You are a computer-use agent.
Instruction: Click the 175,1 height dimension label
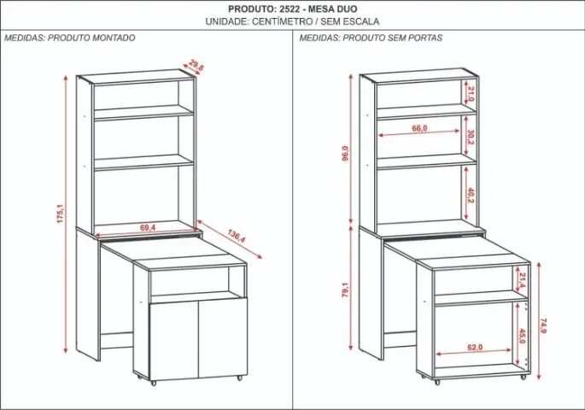click(x=59, y=213)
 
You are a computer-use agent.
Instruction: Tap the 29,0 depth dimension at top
click(x=197, y=66)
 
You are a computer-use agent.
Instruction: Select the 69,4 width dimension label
click(x=148, y=228)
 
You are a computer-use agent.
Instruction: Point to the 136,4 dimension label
click(x=237, y=235)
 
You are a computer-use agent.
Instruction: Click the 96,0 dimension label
click(x=346, y=154)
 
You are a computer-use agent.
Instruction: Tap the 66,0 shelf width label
click(x=419, y=128)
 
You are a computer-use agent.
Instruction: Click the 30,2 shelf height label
click(x=470, y=138)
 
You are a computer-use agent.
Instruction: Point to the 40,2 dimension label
click(x=470, y=195)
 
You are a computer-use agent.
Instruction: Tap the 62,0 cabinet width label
click(x=475, y=348)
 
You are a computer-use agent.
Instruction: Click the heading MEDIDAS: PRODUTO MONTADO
click(x=69, y=38)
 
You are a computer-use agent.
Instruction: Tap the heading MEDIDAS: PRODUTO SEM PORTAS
click(x=370, y=38)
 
